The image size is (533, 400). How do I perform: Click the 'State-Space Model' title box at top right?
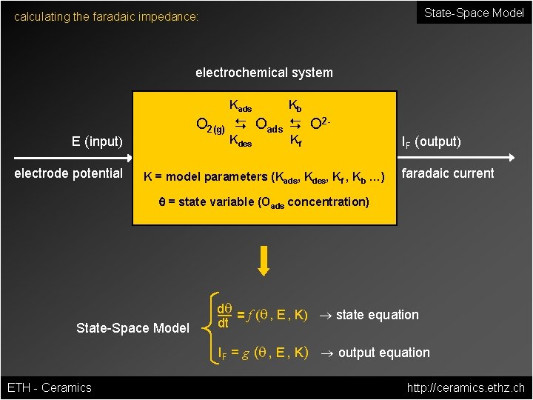click(474, 13)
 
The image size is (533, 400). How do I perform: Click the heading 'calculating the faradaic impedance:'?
click(107, 16)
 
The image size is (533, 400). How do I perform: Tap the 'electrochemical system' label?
click(264, 73)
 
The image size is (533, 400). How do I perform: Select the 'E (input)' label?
click(97, 141)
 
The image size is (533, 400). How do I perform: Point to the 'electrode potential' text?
click(69, 173)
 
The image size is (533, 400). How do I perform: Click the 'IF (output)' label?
click(431, 141)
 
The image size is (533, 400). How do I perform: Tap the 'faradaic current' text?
click(447, 173)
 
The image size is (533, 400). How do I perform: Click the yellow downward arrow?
click(264, 260)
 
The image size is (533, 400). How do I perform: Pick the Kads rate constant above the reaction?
click(240, 106)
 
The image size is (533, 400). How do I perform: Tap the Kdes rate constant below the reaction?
click(240, 140)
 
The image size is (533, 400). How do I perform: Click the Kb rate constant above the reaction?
click(295, 104)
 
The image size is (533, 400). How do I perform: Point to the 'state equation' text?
click(377, 315)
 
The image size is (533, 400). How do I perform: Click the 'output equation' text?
click(383, 353)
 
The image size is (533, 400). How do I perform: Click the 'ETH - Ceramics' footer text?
click(49, 387)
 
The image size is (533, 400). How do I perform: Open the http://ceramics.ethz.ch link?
click(466, 387)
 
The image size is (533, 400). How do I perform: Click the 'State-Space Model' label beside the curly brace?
click(133, 327)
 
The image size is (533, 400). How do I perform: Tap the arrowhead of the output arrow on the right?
click(511, 158)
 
